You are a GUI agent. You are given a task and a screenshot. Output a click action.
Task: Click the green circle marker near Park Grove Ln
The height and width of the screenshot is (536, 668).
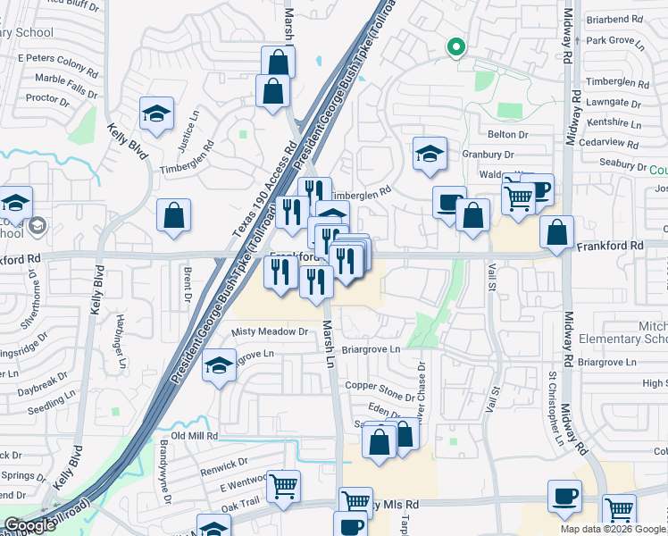point(455,47)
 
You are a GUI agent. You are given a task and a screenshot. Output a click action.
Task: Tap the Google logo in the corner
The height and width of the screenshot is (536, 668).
point(29,525)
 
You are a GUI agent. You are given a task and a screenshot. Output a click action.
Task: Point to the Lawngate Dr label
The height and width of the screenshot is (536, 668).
point(614,103)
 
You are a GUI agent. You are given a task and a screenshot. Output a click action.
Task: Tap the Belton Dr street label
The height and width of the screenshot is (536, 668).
point(509,134)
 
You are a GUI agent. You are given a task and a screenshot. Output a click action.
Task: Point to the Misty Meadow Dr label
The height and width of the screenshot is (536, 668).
point(270,331)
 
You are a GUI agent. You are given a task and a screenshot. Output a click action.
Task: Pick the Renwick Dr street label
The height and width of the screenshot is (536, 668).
point(224,463)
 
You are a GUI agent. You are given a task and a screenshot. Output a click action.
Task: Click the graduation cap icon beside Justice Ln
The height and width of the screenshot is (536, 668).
point(156,114)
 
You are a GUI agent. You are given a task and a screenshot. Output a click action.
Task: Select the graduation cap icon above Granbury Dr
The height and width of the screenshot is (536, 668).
point(430,154)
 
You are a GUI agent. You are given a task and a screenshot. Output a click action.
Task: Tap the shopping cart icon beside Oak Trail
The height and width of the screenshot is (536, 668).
point(284,487)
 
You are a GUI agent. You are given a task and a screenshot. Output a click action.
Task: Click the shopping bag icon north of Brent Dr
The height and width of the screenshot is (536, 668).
point(173,216)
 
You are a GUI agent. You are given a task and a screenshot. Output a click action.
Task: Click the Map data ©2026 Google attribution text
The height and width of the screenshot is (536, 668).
point(613,529)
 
